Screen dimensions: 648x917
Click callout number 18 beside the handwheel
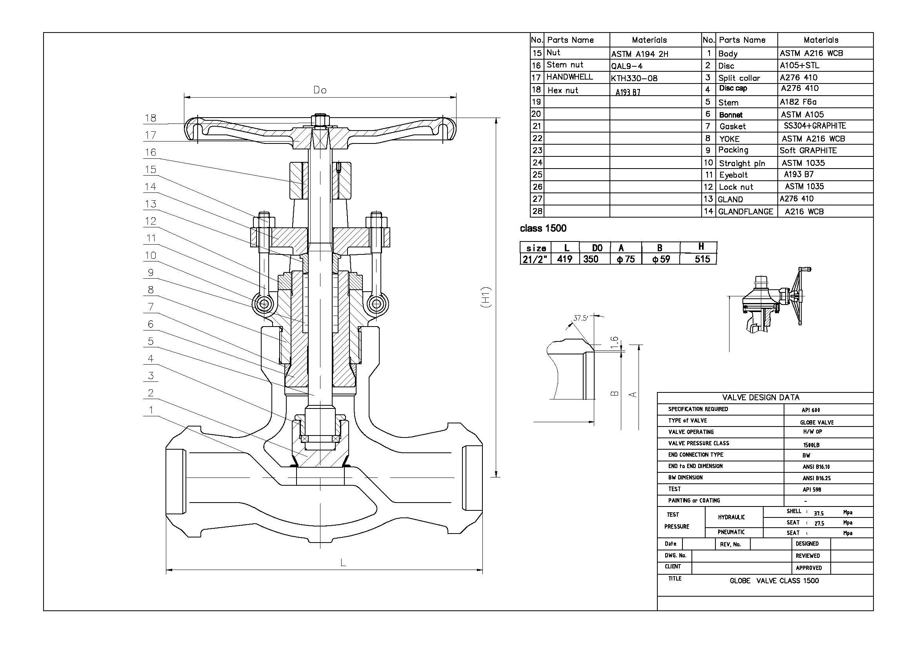[x=150, y=118]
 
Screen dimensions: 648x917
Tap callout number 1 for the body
[x=151, y=410]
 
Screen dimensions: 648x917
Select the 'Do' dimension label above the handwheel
[x=320, y=90]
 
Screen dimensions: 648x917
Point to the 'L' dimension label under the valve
[x=343, y=563]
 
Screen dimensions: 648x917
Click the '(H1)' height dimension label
[x=486, y=297]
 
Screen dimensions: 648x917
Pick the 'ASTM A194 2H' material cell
[x=639, y=54]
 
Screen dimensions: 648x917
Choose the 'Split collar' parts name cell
[x=739, y=78]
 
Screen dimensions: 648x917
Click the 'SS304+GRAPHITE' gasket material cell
[x=815, y=126]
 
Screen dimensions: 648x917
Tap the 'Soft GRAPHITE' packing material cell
[x=808, y=151]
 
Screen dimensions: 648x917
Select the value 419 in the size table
[x=565, y=259]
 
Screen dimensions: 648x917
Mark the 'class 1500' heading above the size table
[x=543, y=229]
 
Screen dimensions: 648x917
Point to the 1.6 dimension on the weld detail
[x=615, y=342]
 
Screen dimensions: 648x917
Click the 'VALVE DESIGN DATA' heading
[x=761, y=398]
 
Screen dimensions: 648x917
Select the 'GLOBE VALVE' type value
[x=817, y=423]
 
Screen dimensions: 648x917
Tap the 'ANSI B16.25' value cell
[x=816, y=478]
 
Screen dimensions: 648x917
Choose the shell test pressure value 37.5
[x=819, y=513]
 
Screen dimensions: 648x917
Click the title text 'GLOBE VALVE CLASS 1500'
[x=774, y=581]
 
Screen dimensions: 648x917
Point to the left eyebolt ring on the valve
[x=264, y=305]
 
